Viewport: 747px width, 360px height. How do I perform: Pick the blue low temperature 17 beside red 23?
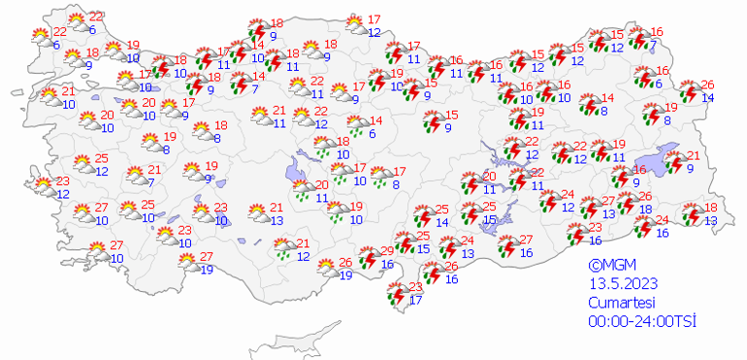416,300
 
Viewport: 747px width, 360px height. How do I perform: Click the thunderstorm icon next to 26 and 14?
690,92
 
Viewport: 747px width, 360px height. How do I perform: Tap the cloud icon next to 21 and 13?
257,213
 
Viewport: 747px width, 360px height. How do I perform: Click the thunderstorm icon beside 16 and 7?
638,39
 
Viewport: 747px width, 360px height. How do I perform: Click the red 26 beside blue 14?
707,84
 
